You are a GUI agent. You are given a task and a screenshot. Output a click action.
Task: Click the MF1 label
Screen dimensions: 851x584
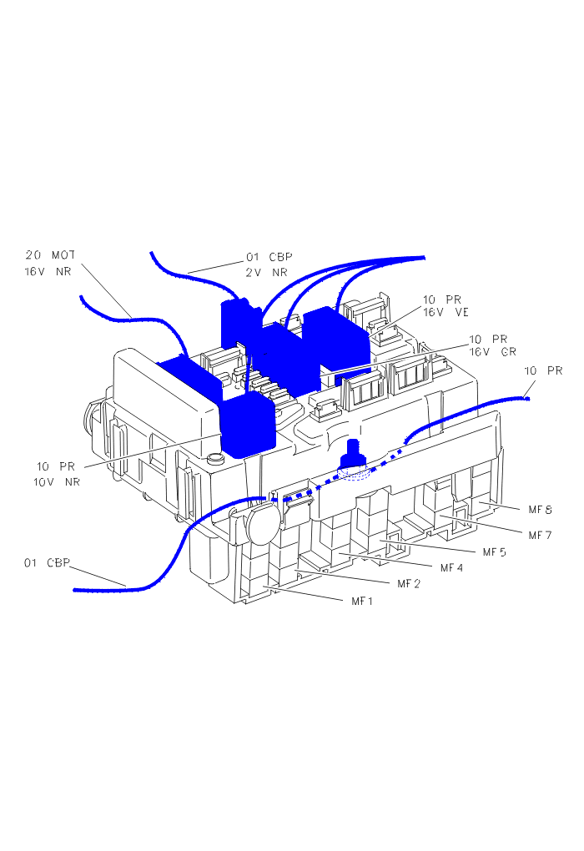pos(362,600)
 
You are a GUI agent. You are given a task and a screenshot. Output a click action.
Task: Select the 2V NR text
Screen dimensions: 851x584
pos(265,272)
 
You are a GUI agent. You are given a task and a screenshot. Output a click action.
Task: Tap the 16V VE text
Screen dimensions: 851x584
pos(446,313)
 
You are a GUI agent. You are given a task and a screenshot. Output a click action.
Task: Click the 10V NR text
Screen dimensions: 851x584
pos(57,481)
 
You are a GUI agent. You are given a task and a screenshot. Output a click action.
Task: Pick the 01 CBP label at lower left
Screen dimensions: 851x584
pos(46,562)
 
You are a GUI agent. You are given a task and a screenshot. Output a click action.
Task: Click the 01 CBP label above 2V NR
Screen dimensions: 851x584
pos(269,256)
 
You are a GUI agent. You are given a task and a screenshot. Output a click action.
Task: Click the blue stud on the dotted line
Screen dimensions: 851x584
pos(354,455)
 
